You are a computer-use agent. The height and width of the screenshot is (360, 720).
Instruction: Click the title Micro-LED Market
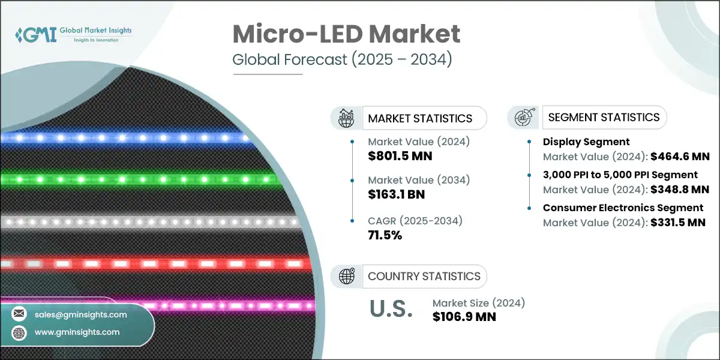pyautogui.click(x=346, y=34)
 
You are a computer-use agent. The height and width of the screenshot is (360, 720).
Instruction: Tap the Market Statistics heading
pyautogui.click(x=420, y=118)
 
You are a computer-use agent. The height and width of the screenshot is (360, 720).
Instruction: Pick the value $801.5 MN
pyautogui.click(x=400, y=156)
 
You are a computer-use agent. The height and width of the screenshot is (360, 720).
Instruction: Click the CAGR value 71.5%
pyautogui.click(x=384, y=235)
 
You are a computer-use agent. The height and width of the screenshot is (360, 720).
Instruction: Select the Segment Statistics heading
pyautogui.click(x=604, y=117)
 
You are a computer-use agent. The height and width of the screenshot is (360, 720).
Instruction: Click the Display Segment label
pyautogui.click(x=586, y=142)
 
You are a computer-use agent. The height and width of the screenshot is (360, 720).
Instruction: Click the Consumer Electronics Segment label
pyautogui.click(x=623, y=208)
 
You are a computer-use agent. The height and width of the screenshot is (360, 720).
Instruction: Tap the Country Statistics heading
pyautogui.click(x=424, y=276)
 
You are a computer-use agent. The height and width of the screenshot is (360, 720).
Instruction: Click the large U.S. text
pyautogui.click(x=391, y=308)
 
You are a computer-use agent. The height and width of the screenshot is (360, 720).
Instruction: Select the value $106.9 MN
pyautogui.click(x=464, y=317)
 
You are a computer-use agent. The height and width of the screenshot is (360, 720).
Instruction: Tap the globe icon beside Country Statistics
pyautogui.click(x=346, y=276)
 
